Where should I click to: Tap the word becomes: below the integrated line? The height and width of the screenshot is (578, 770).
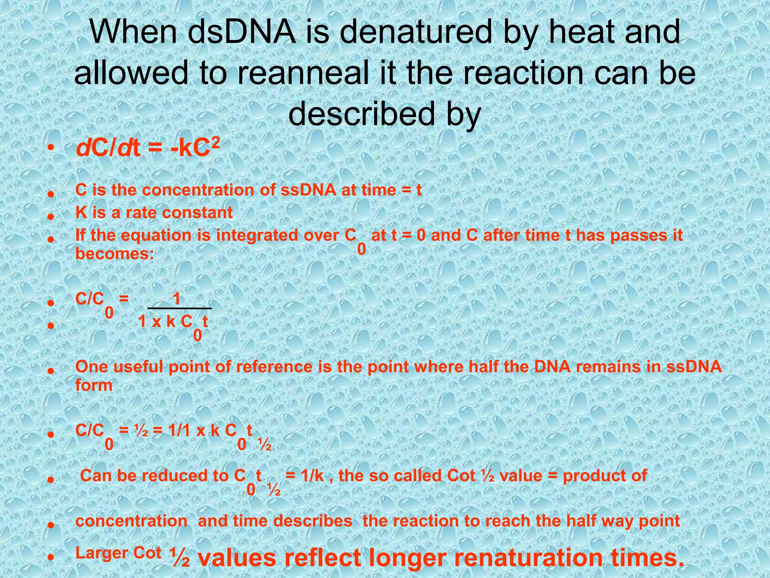115,254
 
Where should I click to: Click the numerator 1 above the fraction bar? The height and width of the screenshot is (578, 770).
176,300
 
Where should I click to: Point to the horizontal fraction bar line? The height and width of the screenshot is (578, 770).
180,309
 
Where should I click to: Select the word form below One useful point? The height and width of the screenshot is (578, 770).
94,385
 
